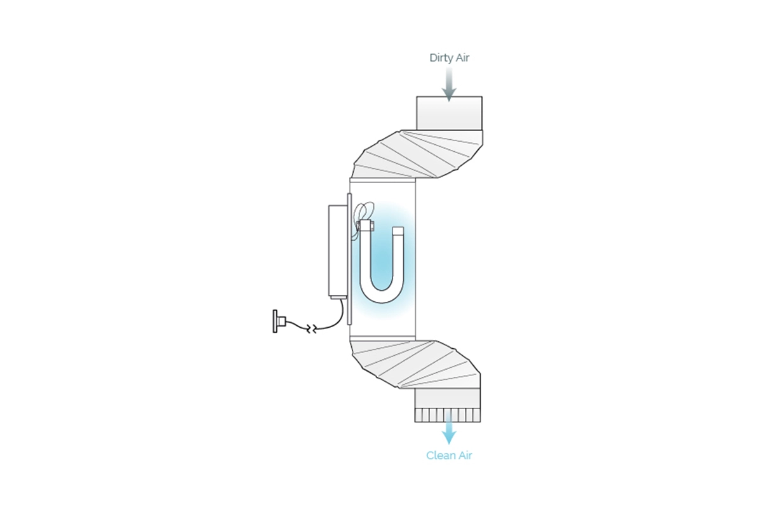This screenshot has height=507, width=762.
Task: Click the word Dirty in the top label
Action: click(x=441, y=58)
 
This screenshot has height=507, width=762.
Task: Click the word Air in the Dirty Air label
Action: click(x=462, y=58)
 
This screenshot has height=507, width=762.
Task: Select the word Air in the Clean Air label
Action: click(x=464, y=456)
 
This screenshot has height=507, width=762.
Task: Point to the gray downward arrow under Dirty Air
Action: click(x=449, y=84)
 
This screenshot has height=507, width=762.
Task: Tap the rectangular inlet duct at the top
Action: click(x=449, y=113)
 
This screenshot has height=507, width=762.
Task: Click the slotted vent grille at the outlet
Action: click(x=448, y=415)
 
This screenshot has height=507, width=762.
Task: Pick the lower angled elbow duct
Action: click(x=416, y=364)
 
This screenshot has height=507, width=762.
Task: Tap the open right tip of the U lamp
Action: click(x=398, y=229)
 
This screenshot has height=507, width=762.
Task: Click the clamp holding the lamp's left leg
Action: click(x=365, y=226)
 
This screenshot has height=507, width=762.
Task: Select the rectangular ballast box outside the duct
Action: click(x=337, y=250)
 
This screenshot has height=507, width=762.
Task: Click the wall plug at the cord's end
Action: click(x=279, y=321)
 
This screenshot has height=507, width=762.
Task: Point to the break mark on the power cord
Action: click(x=312, y=329)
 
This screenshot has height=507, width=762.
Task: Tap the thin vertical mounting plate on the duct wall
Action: click(x=349, y=259)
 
